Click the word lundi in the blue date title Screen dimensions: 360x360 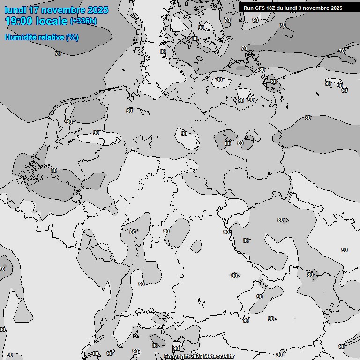[x=16, y=10]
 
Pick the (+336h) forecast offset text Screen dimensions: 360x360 [x=84, y=21]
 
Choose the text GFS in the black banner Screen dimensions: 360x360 [x=262, y=8]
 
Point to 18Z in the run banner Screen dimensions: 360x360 [x=274, y=8]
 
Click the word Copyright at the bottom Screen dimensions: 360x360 [x=177, y=357]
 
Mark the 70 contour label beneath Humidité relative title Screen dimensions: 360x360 [x=58, y=53]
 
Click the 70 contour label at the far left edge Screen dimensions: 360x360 [x=2, y=270]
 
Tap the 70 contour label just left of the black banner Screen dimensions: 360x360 [x=227, y=20]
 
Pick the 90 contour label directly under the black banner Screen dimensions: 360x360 [x=255, y=20]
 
